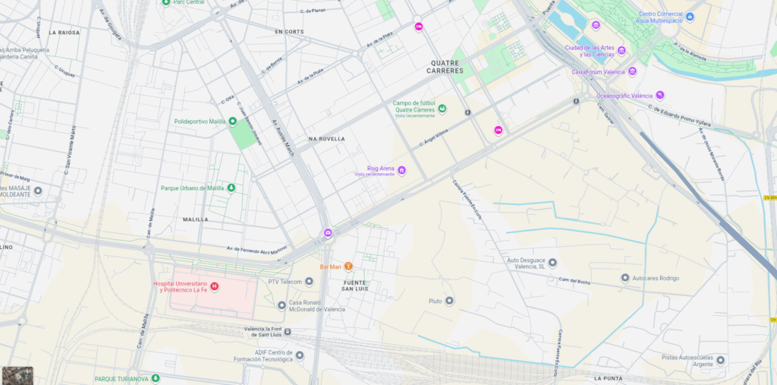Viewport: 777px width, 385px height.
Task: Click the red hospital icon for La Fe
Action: click(x=214, y=286)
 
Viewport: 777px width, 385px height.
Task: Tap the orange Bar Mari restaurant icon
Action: click(x=348, y=267)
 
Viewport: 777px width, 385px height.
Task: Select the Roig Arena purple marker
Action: click(x=401, y=171)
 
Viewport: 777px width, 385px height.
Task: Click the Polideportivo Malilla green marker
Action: click(x=233, y=121)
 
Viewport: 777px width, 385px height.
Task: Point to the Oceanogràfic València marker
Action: click(x=660, y=96)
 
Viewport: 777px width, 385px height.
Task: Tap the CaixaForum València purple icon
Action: click(x=632, y=71)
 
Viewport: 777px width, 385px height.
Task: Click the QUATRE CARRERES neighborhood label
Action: click(x=445, y=67)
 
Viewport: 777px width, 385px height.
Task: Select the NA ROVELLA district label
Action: click(x=326, y=139)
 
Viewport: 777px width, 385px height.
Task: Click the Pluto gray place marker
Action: click(x=449, y=301)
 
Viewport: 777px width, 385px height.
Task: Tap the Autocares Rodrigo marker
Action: click(x=625, y=278)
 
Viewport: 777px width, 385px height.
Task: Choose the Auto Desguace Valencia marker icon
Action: click(x=552, y=263)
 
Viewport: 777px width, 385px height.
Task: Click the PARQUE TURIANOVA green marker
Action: click(x=156, y=378)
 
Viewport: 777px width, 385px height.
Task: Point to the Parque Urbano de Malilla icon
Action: click(x=231, y=188)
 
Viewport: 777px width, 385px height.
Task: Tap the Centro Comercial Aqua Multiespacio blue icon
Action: click(x=690, y=16)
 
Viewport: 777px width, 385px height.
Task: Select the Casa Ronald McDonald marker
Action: click(x=282, y=305)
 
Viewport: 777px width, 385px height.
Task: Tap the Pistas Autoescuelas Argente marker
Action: click(x=720, y=360)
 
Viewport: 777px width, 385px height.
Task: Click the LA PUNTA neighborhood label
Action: click(x=609, y=378)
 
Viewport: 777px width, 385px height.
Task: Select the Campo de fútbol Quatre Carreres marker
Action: click(x=442, y=109)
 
